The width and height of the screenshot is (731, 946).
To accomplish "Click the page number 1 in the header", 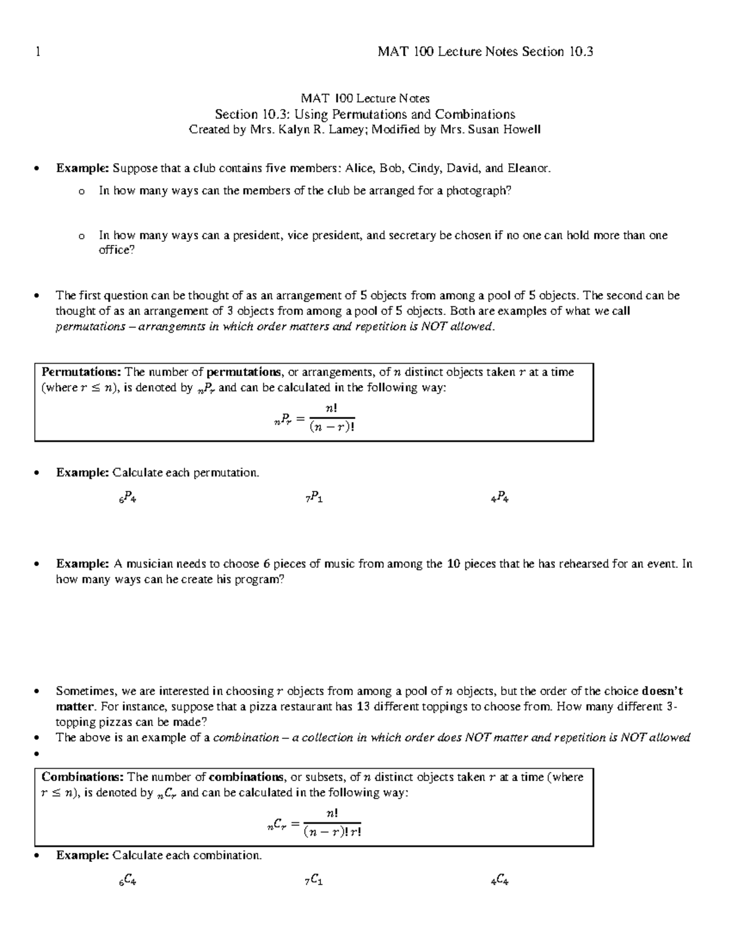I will pyautogui.click(x=38, y=52).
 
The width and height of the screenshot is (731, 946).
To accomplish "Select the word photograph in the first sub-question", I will pyautogui.click(x=478, y=191).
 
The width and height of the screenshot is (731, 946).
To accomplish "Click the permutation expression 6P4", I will pyautogui.click(x=127, y=498).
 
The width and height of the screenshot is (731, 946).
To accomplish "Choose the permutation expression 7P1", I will pyautogui.click(x=314, y=498).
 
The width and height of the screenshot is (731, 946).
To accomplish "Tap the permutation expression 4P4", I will pyautogui.click(x=500, y=498).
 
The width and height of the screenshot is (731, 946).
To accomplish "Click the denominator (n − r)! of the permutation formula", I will pyautogui.click(x=331, y=427).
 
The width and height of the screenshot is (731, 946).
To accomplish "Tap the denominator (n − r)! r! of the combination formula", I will pyautogui.click(x=333, y=831).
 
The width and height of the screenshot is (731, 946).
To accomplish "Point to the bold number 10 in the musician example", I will pyautogui.click(x=453, y=564).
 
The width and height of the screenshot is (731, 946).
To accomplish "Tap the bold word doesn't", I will pyautogui.click(x=662, y=691).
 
